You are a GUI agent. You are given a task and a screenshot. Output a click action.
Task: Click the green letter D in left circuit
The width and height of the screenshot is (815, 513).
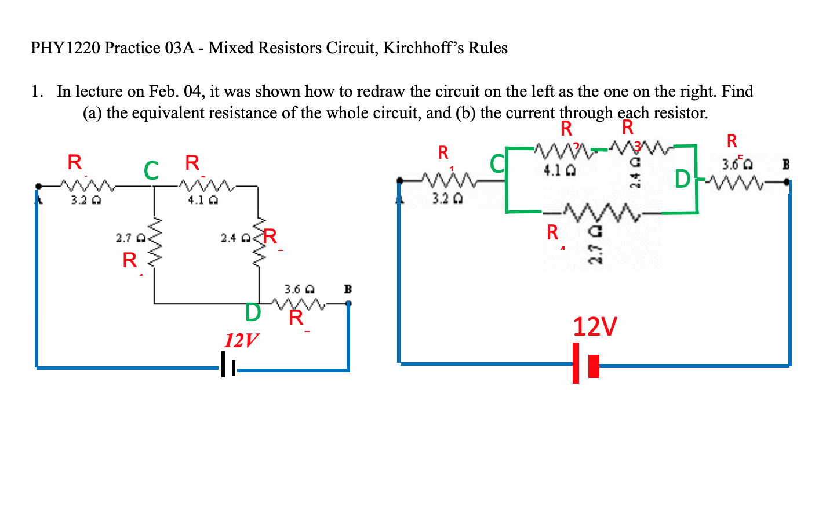tap(253, 312)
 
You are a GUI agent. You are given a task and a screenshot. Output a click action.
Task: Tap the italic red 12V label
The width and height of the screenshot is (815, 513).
tap(241, 340)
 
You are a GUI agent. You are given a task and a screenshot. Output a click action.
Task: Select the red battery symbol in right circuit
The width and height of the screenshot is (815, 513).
tap(585, 363)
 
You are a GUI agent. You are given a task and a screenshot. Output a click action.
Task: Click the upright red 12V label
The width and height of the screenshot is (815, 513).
tap(595, 327)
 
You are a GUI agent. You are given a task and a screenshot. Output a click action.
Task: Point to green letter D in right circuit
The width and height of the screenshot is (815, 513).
tap(682, 180)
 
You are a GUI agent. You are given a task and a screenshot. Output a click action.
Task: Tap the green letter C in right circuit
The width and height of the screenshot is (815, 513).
tap(497, 164)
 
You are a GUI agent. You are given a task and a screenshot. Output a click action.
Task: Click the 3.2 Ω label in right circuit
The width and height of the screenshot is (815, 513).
tap(447, 199)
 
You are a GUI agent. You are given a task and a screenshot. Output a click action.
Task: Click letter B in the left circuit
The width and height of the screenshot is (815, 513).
tap(348, 288)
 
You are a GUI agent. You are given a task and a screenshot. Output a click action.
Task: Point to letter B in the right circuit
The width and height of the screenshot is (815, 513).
tap(786, 164)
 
